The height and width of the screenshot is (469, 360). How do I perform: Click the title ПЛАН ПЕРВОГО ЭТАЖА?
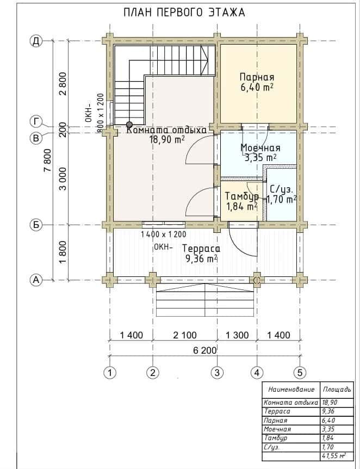(x=184, y=13)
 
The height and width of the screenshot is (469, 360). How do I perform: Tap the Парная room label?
(x=257, y=77)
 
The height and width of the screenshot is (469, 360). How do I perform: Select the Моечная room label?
(x=260, y=148)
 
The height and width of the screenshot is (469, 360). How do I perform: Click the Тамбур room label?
(x=242, y=196)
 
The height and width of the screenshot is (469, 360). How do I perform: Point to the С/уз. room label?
(x=282, y=189)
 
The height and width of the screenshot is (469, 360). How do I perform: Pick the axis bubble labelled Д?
(x=36, y=41)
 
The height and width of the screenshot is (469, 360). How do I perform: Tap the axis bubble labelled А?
(x=36, y=280)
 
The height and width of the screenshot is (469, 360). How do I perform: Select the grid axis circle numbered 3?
(x=217, y=373)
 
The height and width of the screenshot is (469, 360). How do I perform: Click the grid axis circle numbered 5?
(x=300, y=373)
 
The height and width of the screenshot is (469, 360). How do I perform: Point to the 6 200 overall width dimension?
(x=204, y=350)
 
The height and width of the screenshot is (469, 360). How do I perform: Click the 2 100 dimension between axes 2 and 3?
(x=185, y=335)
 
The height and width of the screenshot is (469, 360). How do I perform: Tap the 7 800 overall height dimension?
(x=47, y=160)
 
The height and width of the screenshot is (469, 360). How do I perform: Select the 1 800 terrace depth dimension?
(x=63, y=252)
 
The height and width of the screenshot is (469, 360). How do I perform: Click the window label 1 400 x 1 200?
(x=164, y=234)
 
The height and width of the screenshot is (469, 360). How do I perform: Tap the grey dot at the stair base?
(x=129, y=125)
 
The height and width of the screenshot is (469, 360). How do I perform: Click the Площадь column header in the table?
(x=337, y=390)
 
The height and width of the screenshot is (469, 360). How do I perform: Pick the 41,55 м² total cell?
(x=334, y=456)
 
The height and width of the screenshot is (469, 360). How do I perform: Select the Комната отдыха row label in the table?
(x=291, y=402)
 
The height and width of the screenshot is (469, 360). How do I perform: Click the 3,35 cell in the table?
(x=328, y=429)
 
